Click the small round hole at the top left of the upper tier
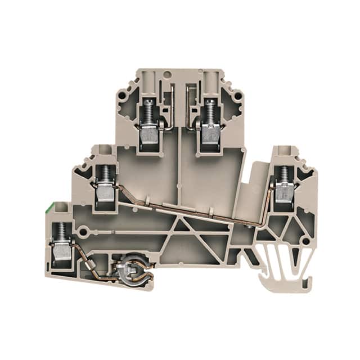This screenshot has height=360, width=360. click(166, 74)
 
